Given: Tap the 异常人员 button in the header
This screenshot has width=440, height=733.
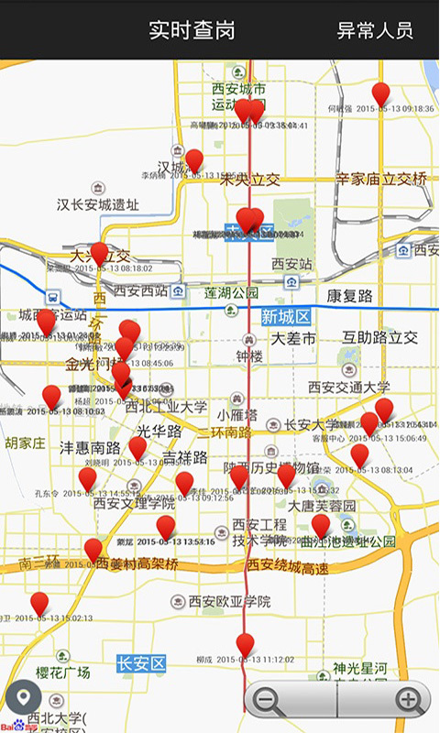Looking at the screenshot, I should click(x=375, y=29).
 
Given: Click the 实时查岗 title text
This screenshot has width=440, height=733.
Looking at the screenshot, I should click(x=192, y=29).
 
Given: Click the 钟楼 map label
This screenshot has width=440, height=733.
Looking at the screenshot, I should click(x=249, y=356).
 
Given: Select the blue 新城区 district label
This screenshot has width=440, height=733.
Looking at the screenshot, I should click(x=285, y=316).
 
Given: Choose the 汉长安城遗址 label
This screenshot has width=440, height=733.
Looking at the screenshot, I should click(x=98, y=204).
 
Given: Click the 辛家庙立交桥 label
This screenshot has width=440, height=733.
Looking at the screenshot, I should click(x=381, y=180).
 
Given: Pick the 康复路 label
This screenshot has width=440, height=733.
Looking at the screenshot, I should click(x=350, y=296).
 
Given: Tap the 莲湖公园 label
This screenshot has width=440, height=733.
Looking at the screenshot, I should click(x=231, y=293).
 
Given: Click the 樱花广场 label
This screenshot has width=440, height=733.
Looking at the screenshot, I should click(x=62, y=673).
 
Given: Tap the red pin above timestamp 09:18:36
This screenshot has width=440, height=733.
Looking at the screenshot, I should click(x=380, y=93).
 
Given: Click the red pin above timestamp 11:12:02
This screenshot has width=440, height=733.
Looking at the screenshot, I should click(x=245, y=643).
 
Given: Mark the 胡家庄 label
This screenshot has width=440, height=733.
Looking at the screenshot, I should click(x=25, y=443).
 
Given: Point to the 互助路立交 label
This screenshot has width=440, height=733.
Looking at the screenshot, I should click(x=380, y=337).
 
